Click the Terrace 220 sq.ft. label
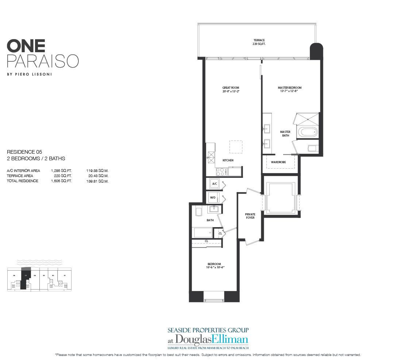coord(259,42)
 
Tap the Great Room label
coord(231,89)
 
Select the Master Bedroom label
coord(289,89)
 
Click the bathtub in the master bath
coord(307,132)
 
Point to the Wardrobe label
coord(278,162)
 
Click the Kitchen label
coord(228,160)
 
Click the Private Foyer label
coord(250,216)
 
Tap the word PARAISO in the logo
coord(42,61)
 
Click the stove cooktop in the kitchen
coord(220,171)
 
